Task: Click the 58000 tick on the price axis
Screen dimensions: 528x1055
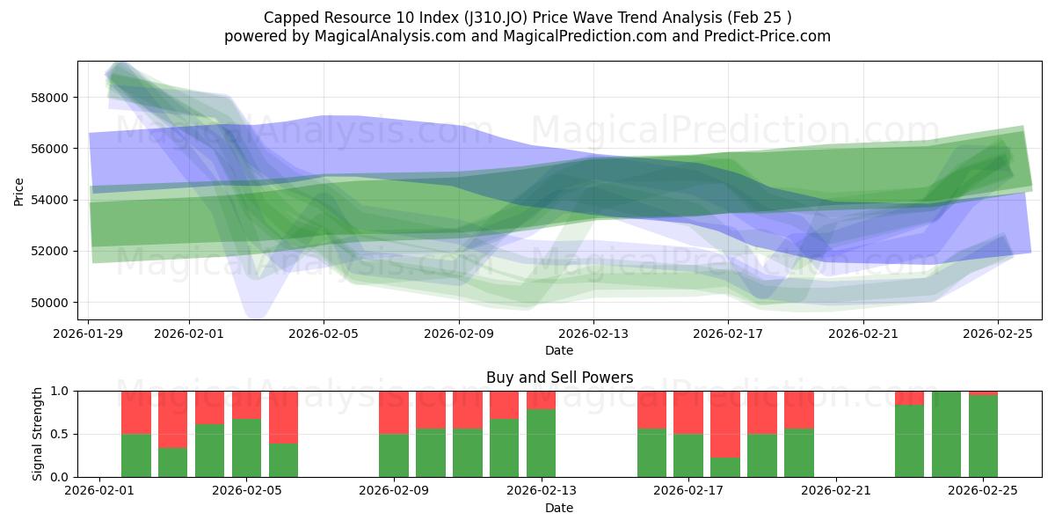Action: (x=50, y=98)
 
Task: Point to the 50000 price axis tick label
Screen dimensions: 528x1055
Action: (x=50, y=303)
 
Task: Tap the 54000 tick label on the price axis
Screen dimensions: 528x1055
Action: (x=50, y=200)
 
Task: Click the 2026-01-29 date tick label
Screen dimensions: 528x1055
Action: (x=89, y=334)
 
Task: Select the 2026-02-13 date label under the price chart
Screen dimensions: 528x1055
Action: (x=593, y=334)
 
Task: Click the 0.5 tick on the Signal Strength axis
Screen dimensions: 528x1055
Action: (x=60, y=434)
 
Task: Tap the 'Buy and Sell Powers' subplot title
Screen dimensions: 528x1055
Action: (x=559, y=378)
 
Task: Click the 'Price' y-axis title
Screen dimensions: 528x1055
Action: (x=19, y=191)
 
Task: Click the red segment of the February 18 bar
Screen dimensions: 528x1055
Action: (x=725, y=424)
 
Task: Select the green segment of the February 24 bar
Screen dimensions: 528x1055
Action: (x=946, y=434)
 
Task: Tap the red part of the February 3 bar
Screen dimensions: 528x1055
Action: (x=173, y=420)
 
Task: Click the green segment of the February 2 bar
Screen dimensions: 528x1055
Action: (x=136, y=455)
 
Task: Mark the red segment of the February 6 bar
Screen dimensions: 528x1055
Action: (x=284, y=417)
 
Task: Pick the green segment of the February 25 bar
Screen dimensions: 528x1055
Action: (x=983, y=436)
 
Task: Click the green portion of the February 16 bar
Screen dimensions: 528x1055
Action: (x=652, y=452)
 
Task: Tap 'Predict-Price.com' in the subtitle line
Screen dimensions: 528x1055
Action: (x=770, y=36)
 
